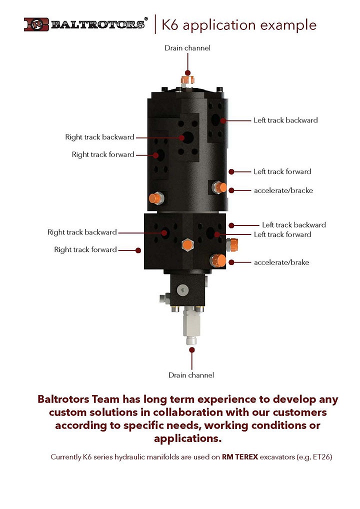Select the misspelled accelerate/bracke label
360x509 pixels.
coord(283,190)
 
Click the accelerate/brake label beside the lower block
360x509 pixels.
coord(281,262)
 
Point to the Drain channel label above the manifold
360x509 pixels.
coord(187,48)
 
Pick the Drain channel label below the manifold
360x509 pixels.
coord(191,375)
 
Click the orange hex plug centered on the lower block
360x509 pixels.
coord(187,244)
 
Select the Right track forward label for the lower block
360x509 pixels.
coord(85,249)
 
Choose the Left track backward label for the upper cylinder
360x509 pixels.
coord(285,120)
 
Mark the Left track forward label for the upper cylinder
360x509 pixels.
coord(282,171)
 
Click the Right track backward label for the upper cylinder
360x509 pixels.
coord(99,137)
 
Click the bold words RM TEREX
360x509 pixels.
coord(240,457)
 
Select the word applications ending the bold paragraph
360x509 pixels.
coord(186,439)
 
